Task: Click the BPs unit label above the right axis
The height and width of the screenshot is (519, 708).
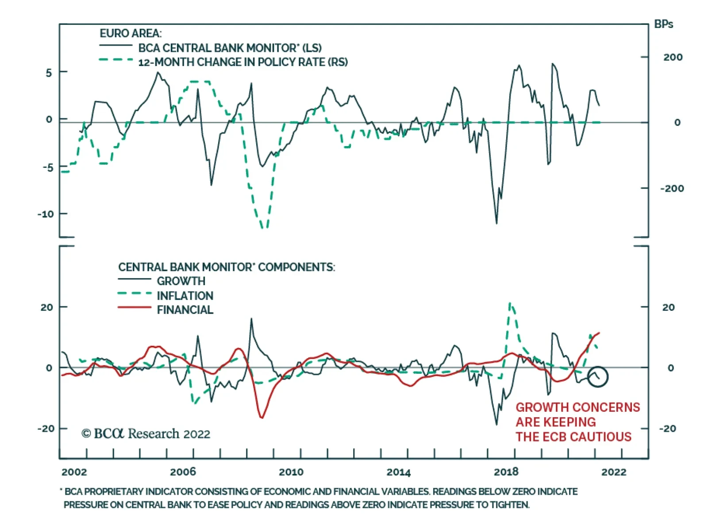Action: tap(663, 24)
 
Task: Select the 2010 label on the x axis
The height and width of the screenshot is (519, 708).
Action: tap(291, 472)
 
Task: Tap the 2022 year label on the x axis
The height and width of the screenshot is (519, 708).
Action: tap(614, 472)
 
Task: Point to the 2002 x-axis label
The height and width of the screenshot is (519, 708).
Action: tap(74, 472)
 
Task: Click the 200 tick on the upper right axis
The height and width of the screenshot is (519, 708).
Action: tap(673, 57)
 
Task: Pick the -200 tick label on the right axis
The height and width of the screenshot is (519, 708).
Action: tap(672, 189)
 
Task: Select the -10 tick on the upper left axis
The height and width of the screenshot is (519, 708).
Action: tap(46, 214)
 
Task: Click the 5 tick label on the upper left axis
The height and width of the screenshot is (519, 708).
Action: tap(49, 73)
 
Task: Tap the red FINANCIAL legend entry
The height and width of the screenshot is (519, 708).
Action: tap(185, 310)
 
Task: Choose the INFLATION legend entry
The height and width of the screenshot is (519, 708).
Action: tap(185, 296)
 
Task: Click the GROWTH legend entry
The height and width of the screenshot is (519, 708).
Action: tap(181, 281)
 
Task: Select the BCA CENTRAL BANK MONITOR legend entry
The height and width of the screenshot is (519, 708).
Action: tap(230, 48)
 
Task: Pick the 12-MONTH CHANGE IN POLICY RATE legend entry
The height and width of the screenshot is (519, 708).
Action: tap(242, 62)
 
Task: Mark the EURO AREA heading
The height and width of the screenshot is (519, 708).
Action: tap(131, 34)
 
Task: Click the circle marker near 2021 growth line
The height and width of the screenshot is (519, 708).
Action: tap(597, 377)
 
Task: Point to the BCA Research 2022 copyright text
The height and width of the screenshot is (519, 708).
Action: tap(146, 434)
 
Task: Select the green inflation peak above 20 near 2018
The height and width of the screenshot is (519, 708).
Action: tap(510, 303)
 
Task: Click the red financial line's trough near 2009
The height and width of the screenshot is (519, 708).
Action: tap(262, 417)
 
